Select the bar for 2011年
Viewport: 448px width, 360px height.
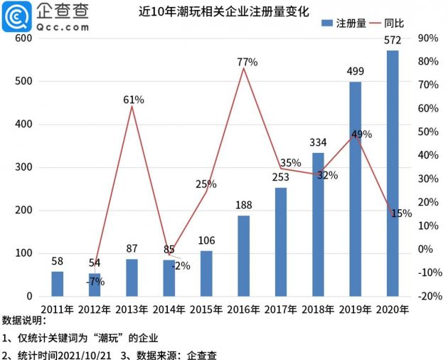(x=57, y=283)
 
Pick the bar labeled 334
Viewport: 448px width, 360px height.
(x=318, y=224)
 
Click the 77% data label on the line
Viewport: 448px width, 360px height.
(x=247, y=63)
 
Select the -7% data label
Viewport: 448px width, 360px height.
(x=95, y=281)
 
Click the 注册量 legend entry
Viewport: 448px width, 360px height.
(x=346, y=23)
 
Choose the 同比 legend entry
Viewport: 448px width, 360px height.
(x=393, y=23)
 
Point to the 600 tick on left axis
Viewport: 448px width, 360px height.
(x=23, y=38)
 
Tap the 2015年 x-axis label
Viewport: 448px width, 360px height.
(x=206, y=309)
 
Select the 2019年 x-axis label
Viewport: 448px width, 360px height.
(x=355, y=309)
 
